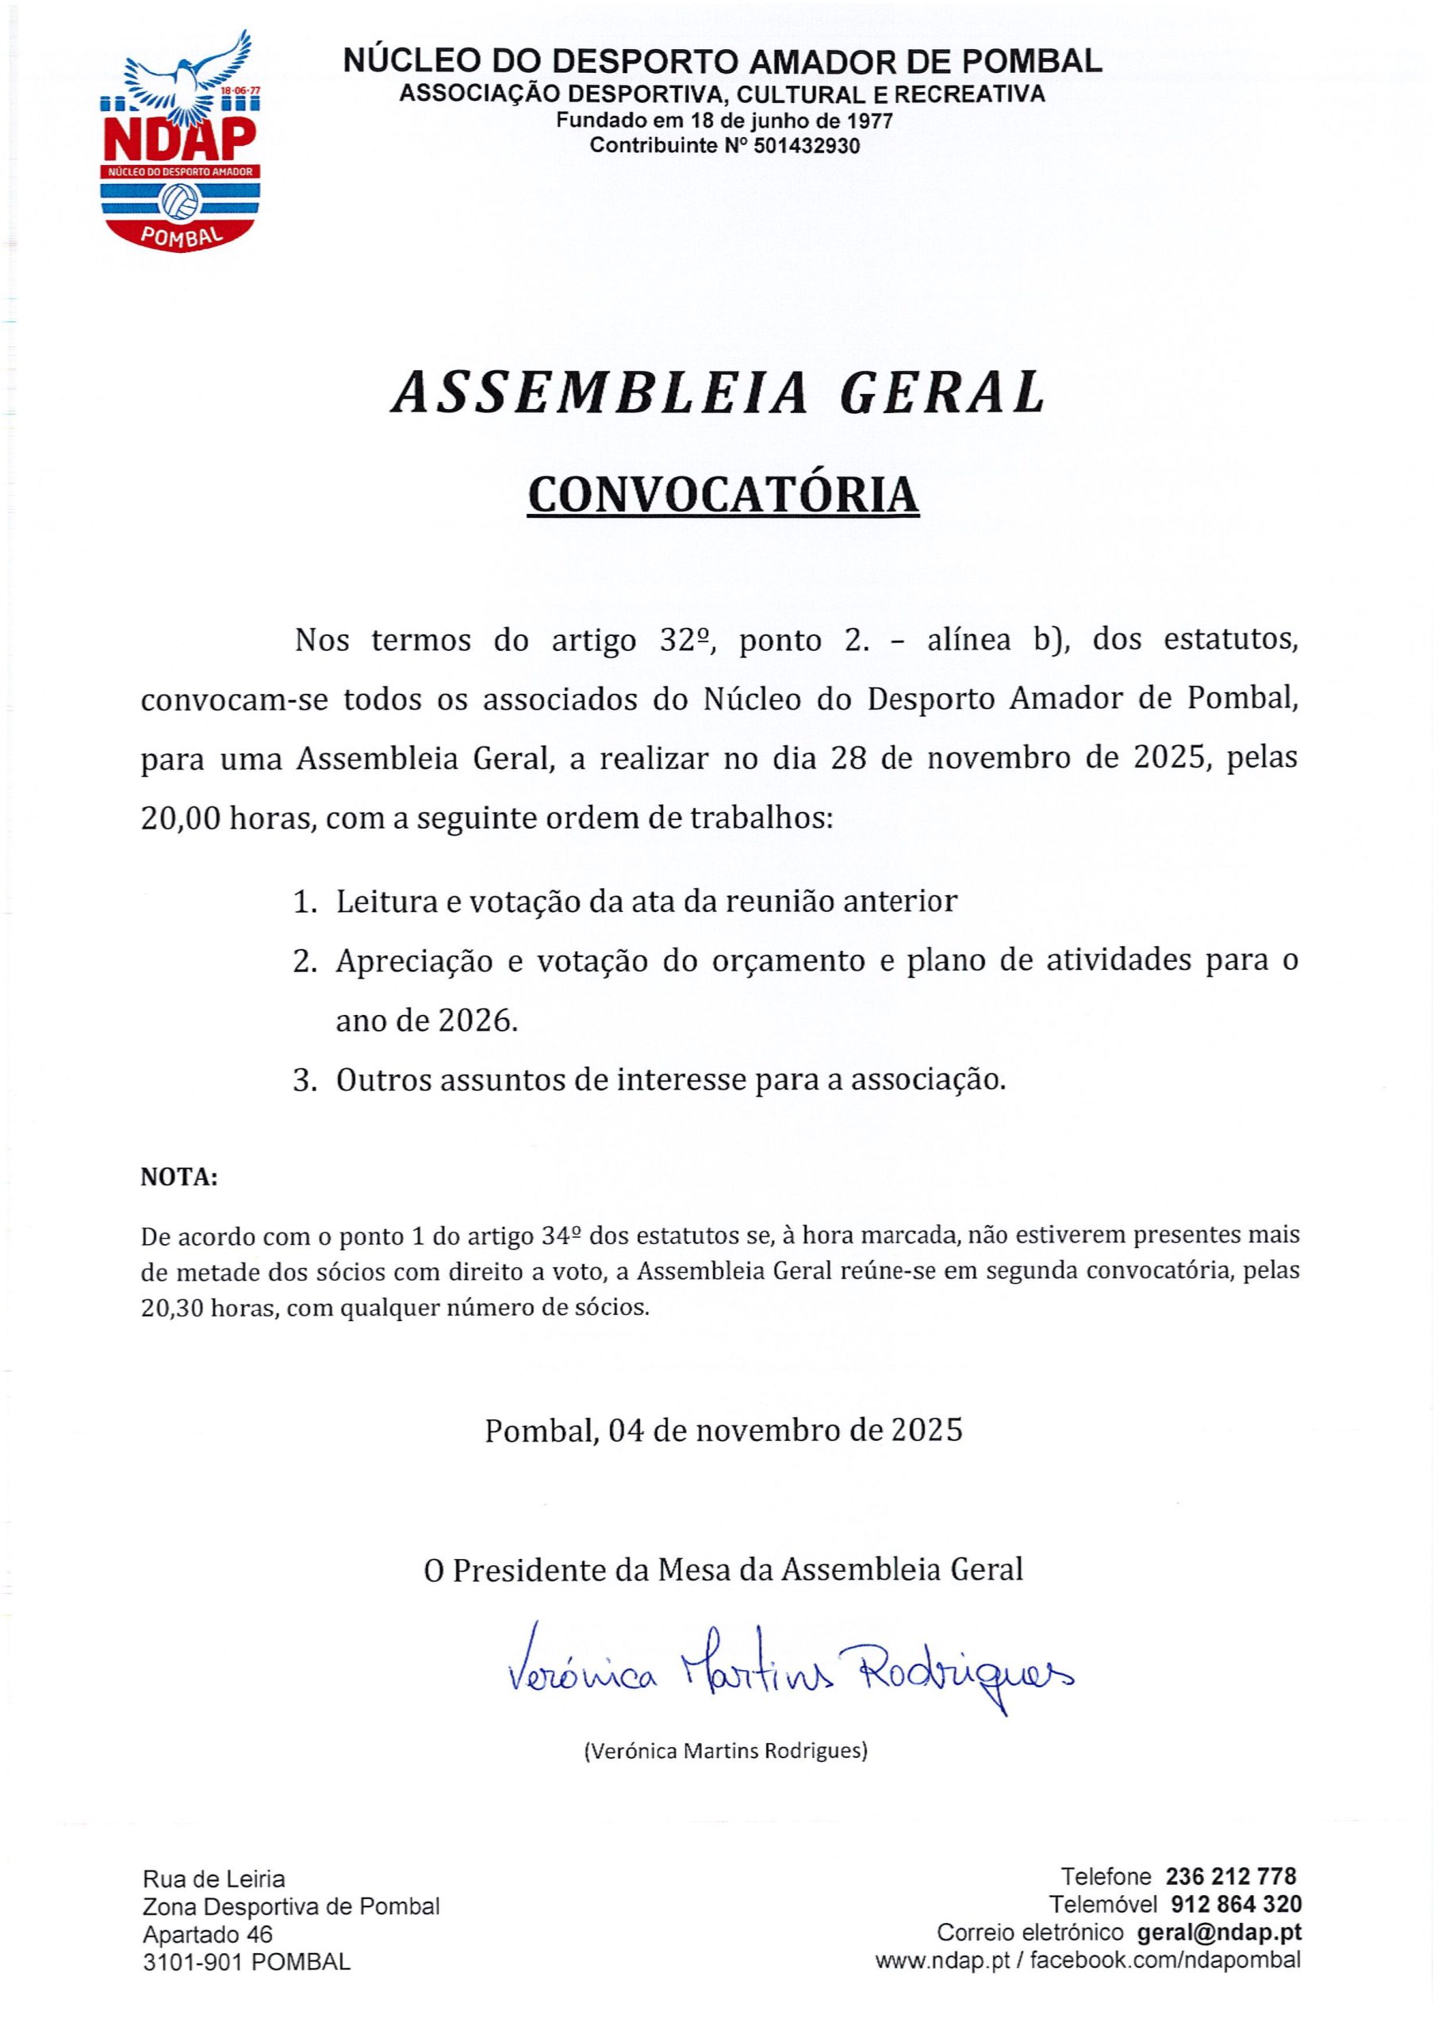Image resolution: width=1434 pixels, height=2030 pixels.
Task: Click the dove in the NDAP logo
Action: pos(186,75)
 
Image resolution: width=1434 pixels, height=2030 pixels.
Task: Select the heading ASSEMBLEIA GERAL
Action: pos(718,392)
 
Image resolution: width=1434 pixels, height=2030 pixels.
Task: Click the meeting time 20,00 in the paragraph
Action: pos(180,818)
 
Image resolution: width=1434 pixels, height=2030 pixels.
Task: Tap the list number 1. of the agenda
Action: pos(305,902)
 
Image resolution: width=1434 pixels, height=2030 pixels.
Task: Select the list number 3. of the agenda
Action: pos(305,1081)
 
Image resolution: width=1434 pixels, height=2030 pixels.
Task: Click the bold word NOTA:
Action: pos(178,1178)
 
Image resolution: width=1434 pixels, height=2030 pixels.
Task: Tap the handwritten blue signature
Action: pos(788,1669)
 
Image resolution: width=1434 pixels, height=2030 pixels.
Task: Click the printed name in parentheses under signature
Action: pos(725,1750)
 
